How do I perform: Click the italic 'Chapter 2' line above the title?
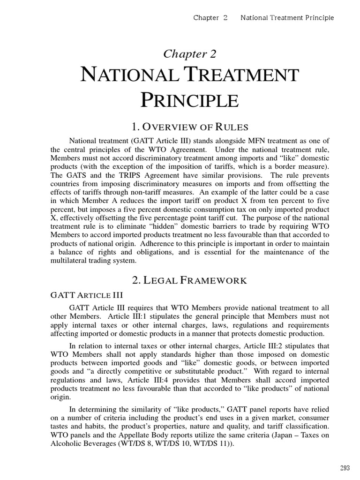190,54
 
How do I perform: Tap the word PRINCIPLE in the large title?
190,100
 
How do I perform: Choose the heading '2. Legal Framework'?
190,280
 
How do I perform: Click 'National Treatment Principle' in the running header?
287,18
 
